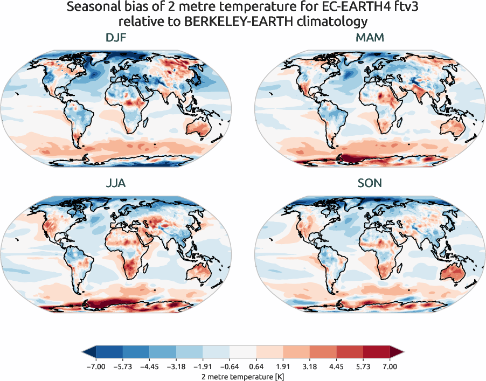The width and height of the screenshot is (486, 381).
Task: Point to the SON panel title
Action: coord(370,183)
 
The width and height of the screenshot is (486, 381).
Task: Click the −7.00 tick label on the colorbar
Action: coord(95,366)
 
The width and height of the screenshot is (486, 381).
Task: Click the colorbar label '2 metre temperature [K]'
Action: coord(242,376)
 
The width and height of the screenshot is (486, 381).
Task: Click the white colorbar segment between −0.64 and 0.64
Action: coord(242,352)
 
